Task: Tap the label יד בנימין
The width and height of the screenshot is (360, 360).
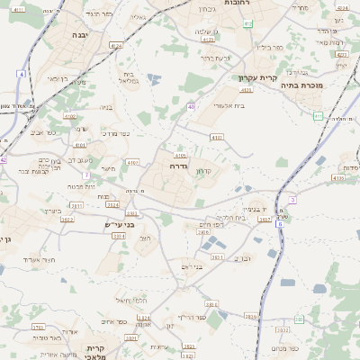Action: (x=258, y=206)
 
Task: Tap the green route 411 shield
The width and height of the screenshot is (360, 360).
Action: (x=319, y=115)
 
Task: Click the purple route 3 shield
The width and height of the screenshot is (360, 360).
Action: (x=293, y=199)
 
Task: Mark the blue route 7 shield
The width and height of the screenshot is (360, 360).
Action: (x=86, y=175)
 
